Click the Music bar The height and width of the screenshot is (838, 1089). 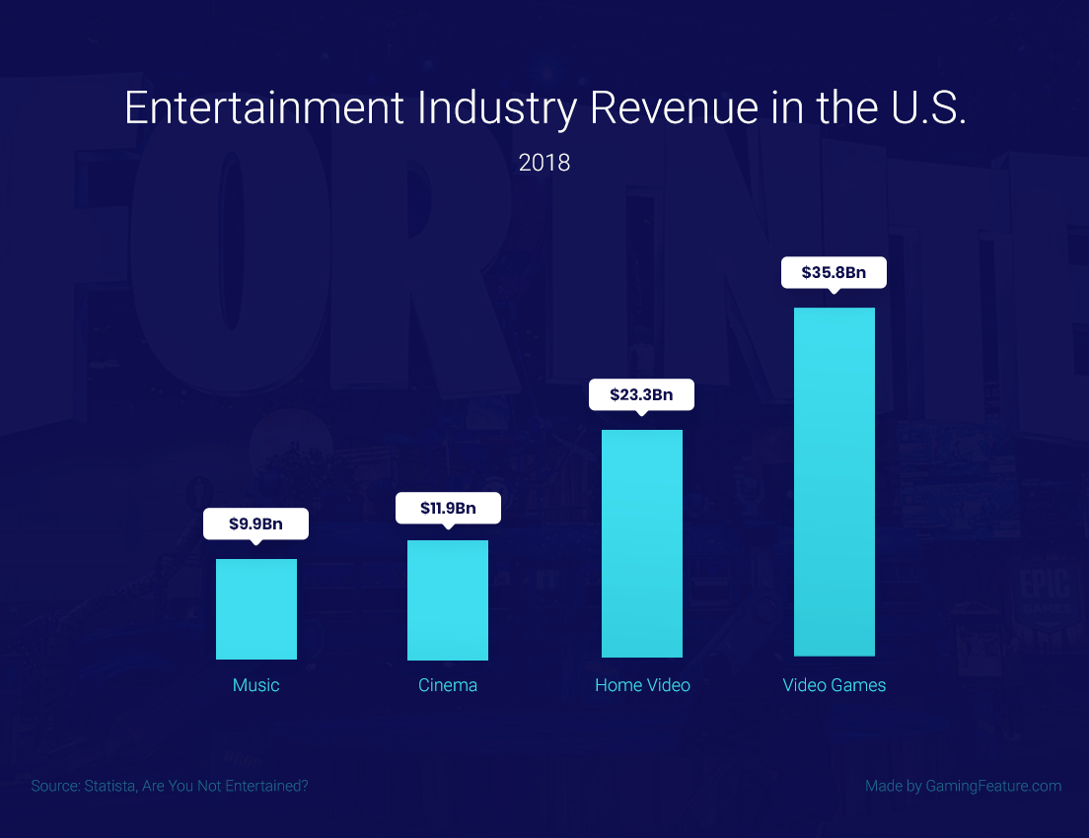tap(256, 608)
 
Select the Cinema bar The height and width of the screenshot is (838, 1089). tap(448, 599)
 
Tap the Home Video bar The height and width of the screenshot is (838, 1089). tap(642, 543)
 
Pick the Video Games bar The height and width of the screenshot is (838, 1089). tap(835, 481)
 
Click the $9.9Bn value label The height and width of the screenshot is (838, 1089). tap(255, 524)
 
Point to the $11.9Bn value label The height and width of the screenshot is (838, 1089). tap(448, 509)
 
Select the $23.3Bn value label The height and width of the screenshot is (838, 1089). tap(642, 394)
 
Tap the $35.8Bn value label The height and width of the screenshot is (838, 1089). tap(835, 272)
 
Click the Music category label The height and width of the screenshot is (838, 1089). tap(256, 685)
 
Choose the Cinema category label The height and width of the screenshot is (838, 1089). tap(448, 685)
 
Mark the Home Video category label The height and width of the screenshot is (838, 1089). tap(642, 685)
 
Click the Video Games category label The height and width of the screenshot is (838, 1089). tap(835, 685)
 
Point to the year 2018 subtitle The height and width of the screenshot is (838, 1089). tap(544, 163)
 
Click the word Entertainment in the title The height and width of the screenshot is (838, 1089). tap(263, 108)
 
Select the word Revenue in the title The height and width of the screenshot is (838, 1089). tap(676, 108)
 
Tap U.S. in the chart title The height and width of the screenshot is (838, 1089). tap(921, 108)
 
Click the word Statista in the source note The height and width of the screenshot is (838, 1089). tap(113, 786)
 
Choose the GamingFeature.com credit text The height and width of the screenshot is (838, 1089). tap(993, 786)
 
